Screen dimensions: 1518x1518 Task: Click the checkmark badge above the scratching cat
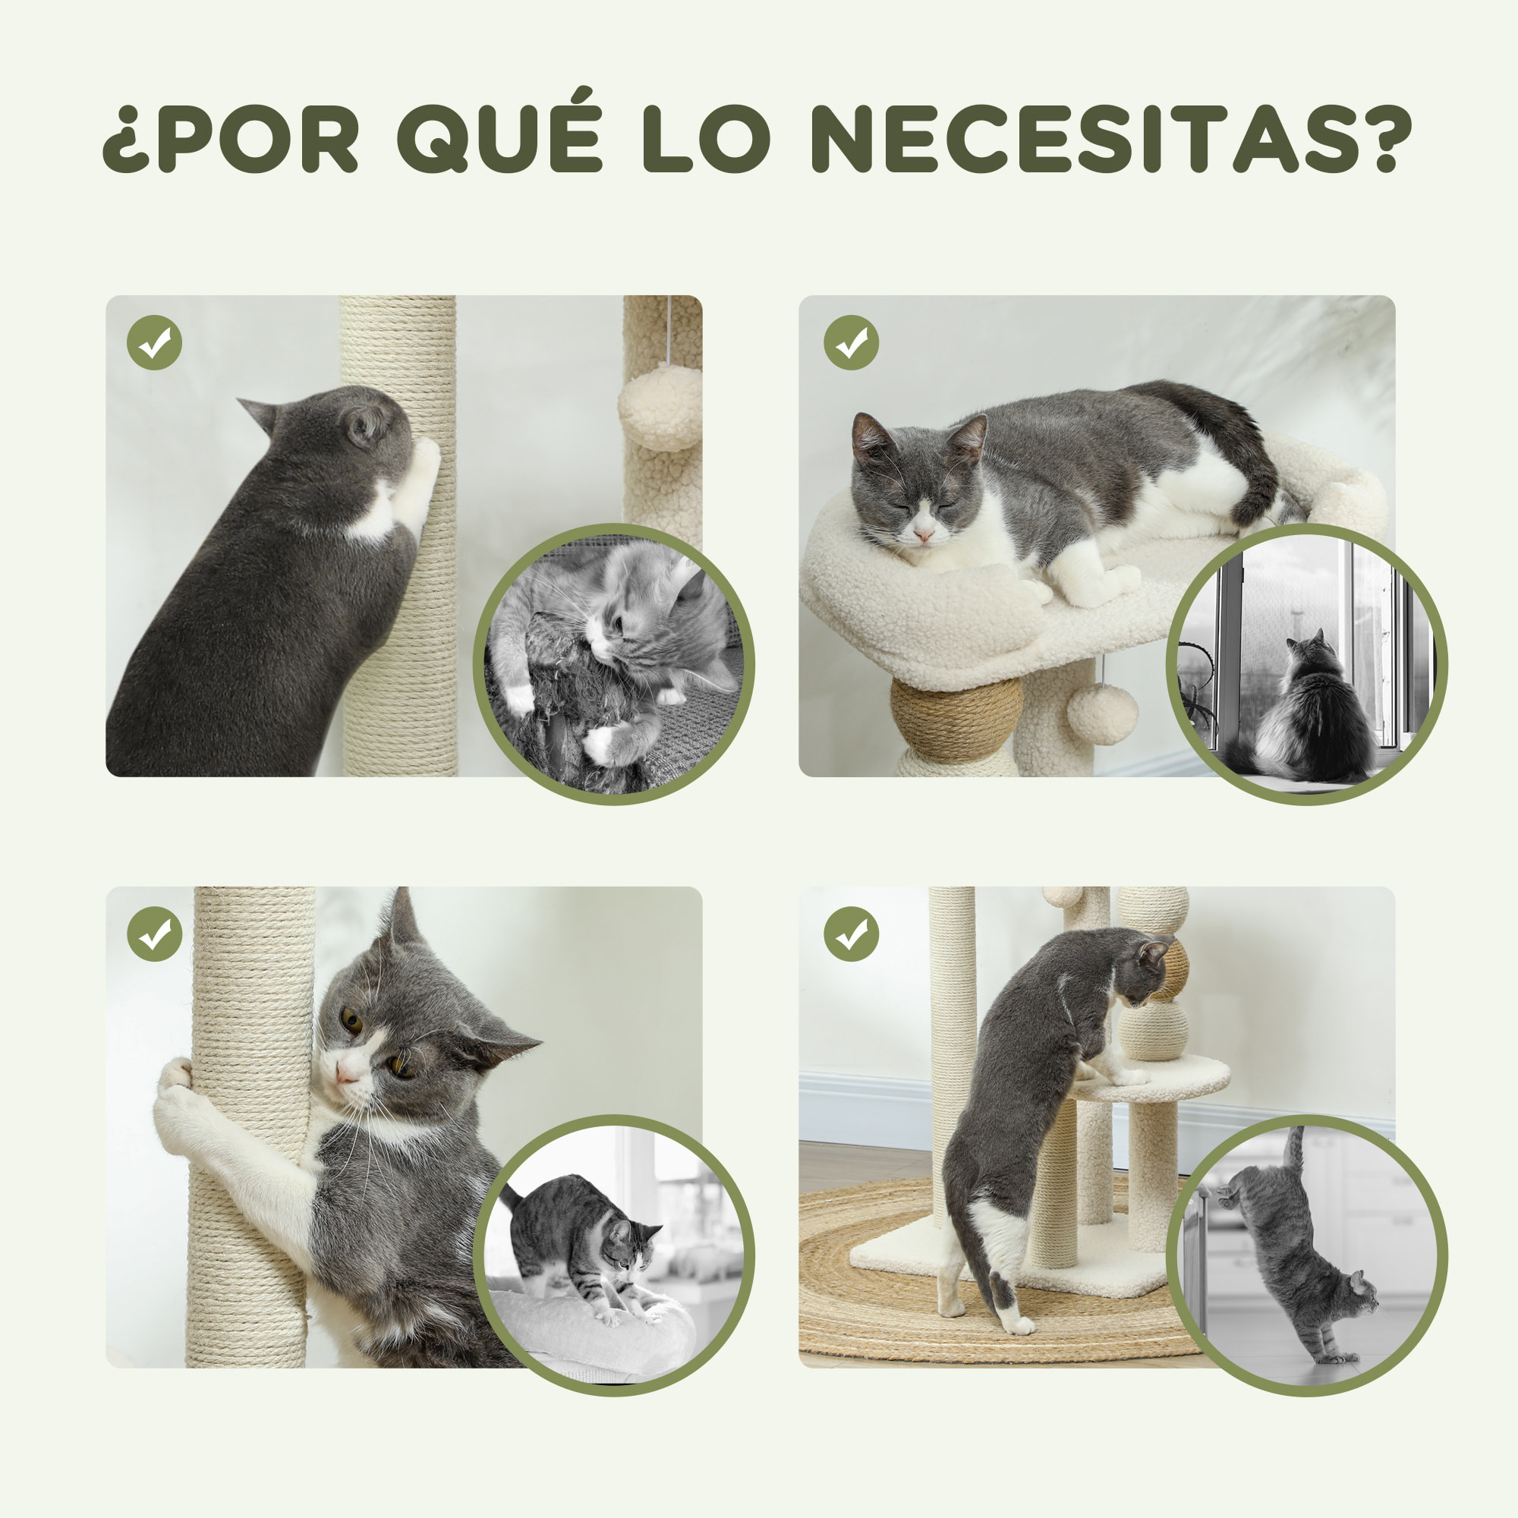click(154, 342)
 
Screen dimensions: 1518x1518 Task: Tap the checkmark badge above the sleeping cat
click(851, 342)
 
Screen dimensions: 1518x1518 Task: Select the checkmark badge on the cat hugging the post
click(154, 934)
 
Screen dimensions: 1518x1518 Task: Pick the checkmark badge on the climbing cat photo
click(851, 934)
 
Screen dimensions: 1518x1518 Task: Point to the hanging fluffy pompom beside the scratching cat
click(660, 407)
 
